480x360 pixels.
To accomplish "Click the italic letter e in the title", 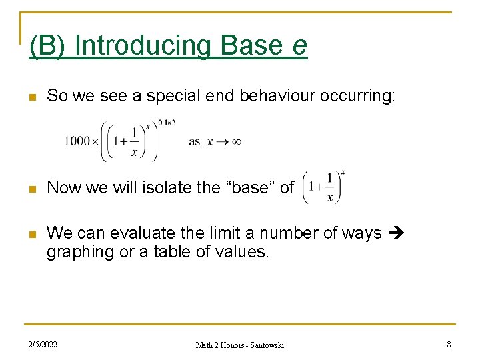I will pos(299,46).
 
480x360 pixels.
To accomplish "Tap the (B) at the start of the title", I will pos(48,46).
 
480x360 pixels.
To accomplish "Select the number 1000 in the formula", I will pos(77,141).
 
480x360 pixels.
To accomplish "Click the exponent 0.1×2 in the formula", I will pos(166,123).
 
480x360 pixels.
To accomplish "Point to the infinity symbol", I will pos(235,141).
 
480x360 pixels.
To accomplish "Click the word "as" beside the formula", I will pos(194,141).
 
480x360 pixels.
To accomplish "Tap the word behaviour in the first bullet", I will pos(272,96).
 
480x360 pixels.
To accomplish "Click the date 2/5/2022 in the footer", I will pos(43,345).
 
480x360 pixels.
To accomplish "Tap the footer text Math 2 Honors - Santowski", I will pos(239,345).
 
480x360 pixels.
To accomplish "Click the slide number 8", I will pos(449,345).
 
